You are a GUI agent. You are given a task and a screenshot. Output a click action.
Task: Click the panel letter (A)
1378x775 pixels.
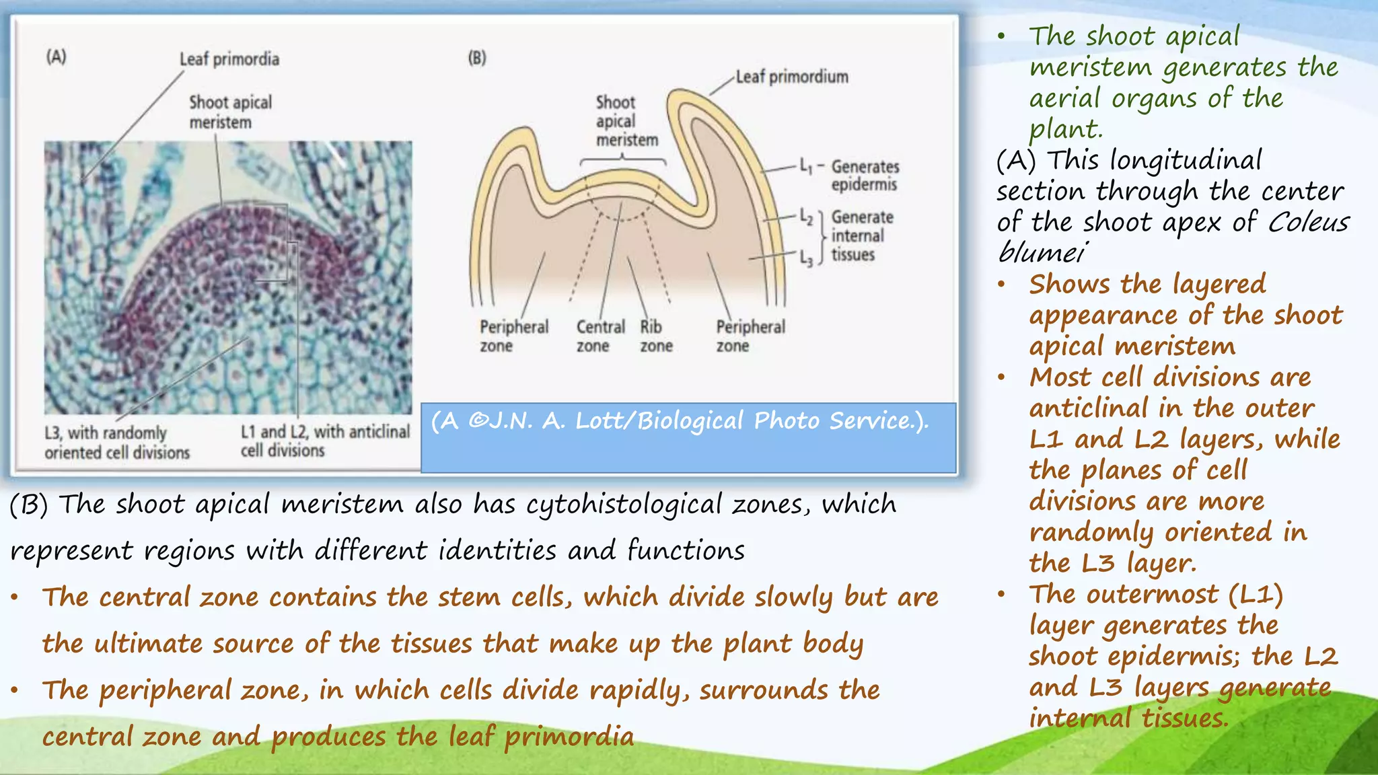[x=57, y=57]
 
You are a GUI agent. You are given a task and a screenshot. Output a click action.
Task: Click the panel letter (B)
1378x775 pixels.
[x=477, y=58]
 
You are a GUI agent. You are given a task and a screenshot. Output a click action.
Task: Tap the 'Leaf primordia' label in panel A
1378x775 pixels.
[x=229, y=59]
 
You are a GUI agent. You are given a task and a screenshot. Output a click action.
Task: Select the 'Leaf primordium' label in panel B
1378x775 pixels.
[x=791, y=77]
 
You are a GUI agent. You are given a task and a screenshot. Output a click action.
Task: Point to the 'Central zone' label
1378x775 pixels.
[x=600, y=336]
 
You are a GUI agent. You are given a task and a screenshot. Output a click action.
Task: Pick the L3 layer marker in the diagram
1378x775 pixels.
[x=806, y=258]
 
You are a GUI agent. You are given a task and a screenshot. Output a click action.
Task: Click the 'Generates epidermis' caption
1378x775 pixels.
[x=865, y=175]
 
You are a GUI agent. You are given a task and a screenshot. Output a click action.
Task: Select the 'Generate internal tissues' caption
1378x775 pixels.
[x=862, y=235]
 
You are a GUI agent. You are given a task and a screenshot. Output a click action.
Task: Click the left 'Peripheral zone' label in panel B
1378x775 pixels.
[x=513, y=336]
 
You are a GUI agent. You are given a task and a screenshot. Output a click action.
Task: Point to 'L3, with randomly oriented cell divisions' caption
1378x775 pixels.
[x=117, y=442]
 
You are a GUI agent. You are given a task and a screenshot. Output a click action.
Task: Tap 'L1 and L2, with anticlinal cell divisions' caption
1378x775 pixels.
[x=325, y=441]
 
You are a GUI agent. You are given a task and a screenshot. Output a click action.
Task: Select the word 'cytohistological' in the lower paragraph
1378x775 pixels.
[x=623, y=505]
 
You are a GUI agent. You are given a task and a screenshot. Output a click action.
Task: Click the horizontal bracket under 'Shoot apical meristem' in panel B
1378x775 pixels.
[x=623, y=159]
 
